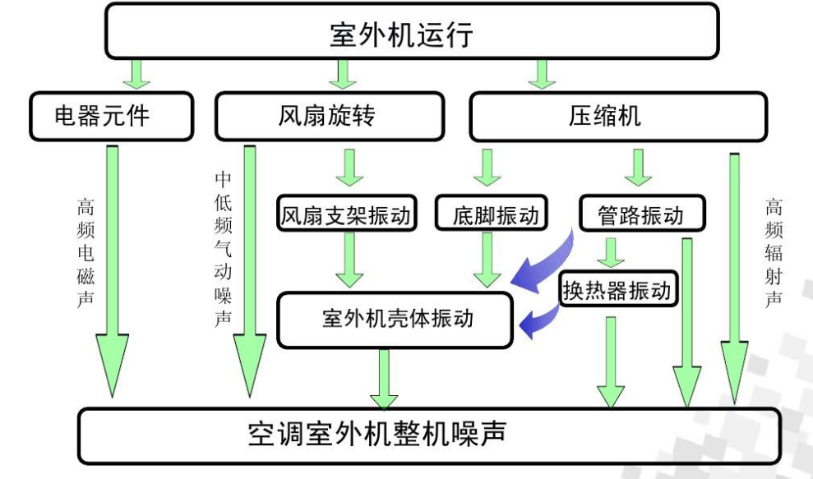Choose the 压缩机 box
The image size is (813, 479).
pos(617,116)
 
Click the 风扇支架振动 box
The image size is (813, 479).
pos(346,215)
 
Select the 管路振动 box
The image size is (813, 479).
pos(642,215)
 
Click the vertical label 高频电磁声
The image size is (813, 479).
pos(85,251)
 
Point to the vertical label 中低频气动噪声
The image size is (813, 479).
pos(222,246)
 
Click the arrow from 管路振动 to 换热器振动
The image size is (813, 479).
pos(608,252)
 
